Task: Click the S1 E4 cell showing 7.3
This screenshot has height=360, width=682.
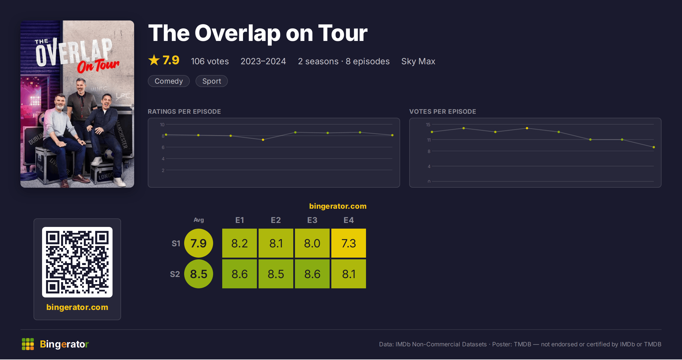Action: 349,243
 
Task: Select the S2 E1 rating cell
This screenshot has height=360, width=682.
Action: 240,274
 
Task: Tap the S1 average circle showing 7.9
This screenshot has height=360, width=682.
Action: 199,243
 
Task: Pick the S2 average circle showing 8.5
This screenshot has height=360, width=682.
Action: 199,274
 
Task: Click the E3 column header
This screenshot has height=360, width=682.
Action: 312,220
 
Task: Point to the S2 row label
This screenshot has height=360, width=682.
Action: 175,274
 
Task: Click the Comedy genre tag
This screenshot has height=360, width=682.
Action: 169,81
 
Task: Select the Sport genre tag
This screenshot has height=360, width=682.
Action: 212,81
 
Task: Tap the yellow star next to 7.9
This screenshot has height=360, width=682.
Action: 154,60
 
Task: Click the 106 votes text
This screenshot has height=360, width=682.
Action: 210,61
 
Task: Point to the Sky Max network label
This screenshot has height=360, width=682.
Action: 418,61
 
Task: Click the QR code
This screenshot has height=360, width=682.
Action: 77,262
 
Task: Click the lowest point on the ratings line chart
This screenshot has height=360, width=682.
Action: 263,140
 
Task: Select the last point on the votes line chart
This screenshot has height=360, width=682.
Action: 654,147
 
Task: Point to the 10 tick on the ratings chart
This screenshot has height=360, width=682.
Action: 162,125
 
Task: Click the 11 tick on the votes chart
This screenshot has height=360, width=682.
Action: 429,140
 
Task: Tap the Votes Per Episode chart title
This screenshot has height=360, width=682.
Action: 443,111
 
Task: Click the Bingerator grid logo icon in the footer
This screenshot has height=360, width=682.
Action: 28,344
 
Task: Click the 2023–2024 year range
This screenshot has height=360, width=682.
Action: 263,61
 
